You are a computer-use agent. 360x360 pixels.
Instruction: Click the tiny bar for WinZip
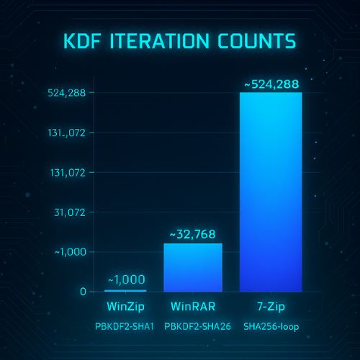click(x=126, y=291)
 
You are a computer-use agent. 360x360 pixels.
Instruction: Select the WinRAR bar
click(x=193, y=267)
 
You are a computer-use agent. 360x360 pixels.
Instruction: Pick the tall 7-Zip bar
click(x=270, y=192)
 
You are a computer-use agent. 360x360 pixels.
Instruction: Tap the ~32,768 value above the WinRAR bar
click(x=194, y=235)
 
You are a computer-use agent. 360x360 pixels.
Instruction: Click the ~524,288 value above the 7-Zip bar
click(x=271, y=84)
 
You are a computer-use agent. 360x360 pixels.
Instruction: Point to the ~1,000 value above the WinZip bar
click(x=127, y=280)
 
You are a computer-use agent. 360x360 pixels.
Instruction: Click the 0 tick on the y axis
click(x=84, y=292)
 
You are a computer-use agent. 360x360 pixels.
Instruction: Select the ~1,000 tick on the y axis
click(x=68, y=252)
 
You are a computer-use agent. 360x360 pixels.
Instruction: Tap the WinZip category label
click(x=126, y=307)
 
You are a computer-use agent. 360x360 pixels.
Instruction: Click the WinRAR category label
click(x=193, y=307)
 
